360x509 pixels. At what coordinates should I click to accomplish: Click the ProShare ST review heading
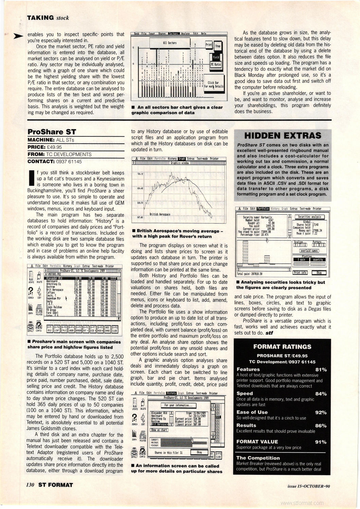pyautogui.click(x=52, y=132)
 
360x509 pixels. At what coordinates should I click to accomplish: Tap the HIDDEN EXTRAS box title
pyautogui.click(x=283, y=135)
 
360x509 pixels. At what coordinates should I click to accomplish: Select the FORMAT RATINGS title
pyautogui.click(x=282, y=346)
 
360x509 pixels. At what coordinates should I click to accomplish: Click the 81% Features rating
pyautogui.click(x=321, y=370)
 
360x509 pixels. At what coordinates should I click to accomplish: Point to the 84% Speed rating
pyautogui.click(x=321, y=394)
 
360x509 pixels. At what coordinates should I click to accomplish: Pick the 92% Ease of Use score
pyautogui.click(x=321, y=413)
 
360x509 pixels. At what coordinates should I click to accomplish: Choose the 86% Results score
pyautogui.click(x=321, y=426)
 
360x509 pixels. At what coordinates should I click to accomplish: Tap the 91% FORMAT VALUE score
pyautogui.click(x=321, y=442)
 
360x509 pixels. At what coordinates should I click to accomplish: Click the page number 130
pyautogui.click(x=31, y=485)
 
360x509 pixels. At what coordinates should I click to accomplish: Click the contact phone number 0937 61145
pyautogui.click(x=69, y=162)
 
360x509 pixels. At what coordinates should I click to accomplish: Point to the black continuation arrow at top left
pyautogui.click(x=18, y=36)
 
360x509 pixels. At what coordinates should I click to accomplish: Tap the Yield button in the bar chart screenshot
pyautogui.click(x=216, y=57)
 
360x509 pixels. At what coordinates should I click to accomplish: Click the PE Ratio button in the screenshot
pyautogui.click(x=215, y=64)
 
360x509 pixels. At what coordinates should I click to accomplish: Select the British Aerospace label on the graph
pyautogui.click(x=160, y=214)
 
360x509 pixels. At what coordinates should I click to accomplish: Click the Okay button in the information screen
pyautogui.click(x=199, y=452)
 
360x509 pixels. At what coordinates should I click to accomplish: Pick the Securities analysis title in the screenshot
pyautogui.click(x=309, y=217)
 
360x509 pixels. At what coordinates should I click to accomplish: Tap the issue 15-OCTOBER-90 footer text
pyautogui.click(x=308, y=486)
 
